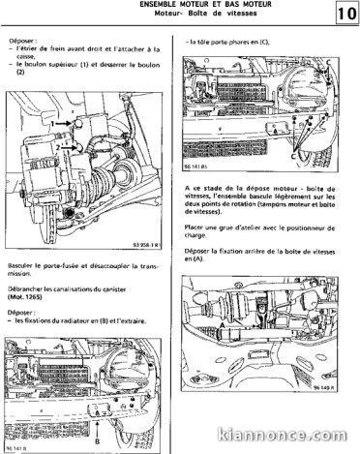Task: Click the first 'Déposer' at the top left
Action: (20, 42)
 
